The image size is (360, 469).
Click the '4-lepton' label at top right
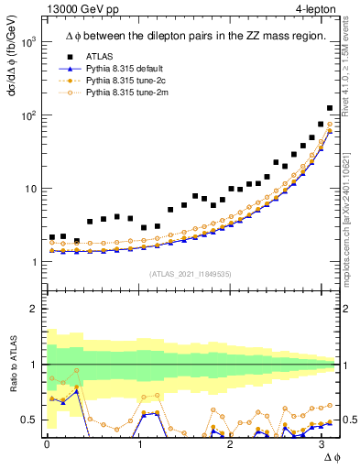pyautogui.click(x=313, y=10)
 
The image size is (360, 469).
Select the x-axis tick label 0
pyautogui.click(x=47, y=444)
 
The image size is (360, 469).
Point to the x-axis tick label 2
pyautogui.click(x=231, y=444)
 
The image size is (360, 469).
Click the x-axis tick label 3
pyautogui.click(x=322, y=444)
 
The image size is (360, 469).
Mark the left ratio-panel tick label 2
pyautogui.click(x=32, y=309)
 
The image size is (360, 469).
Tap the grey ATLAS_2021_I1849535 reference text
pyautogui.click(x=191, y=274)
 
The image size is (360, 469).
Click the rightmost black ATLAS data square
pyautogui.click(x=330, y=108)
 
